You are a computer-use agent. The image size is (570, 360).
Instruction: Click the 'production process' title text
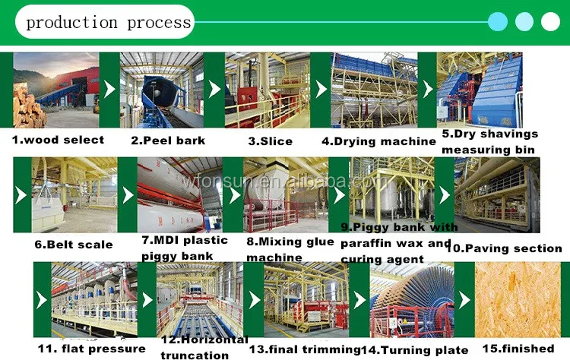pyautogui.click(x=108, y=21)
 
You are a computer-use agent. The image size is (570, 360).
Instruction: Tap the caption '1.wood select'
pyautogui.click(x=58, y=140)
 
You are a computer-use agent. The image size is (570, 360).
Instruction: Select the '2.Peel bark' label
pyautogui.click(x=168, y=141)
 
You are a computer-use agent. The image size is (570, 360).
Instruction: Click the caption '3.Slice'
pyautogui.click(x=270, y=141)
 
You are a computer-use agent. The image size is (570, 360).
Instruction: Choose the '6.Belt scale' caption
pyautogui.click(x=74, y=245)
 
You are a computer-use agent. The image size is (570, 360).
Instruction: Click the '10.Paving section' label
pyautogui.click(x=504, y=248)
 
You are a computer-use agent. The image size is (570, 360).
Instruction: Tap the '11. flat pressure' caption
pyautogui.click(x=81, y=349)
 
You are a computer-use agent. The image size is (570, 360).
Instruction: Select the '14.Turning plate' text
pyautogui.click(x=415, y=349)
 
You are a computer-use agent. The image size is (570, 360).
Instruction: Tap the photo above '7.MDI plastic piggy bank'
pyautogui.click(x=180, y=194)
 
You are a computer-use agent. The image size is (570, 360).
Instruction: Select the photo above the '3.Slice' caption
pyautogui.click(x=268, y=90)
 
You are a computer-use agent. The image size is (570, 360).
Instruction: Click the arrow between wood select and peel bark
pyautogui.click(x=110, y=90)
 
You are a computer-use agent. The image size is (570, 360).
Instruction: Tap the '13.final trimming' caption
pyautogui.click(x=304, y=349)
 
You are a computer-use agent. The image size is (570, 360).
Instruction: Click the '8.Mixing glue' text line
pyautogui.click(x=290, y=242)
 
